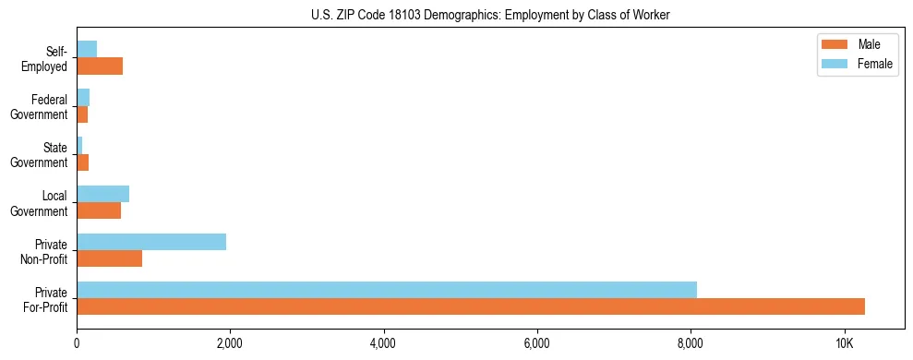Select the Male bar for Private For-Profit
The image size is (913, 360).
(x=470, y=306)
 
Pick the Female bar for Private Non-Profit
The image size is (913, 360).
(x=151, y=241)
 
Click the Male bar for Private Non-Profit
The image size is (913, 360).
(x=109, y=258)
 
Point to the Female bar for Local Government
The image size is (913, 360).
(x=102, y=194)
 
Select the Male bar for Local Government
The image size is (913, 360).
(x=99, y=210)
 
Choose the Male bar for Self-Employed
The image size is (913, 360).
(x=100, y=66)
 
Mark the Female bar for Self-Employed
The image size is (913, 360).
(x=87, y=49)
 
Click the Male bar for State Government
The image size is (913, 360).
(x=82, y=162)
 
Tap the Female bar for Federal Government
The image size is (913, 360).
(x=83, y=97)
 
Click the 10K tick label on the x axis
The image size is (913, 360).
(x=844, y=342)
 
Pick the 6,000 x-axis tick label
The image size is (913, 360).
(x=536, y=342)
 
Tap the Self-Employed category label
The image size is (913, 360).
(x=46, y=59)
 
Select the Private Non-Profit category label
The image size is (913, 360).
(x=43, y=251)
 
